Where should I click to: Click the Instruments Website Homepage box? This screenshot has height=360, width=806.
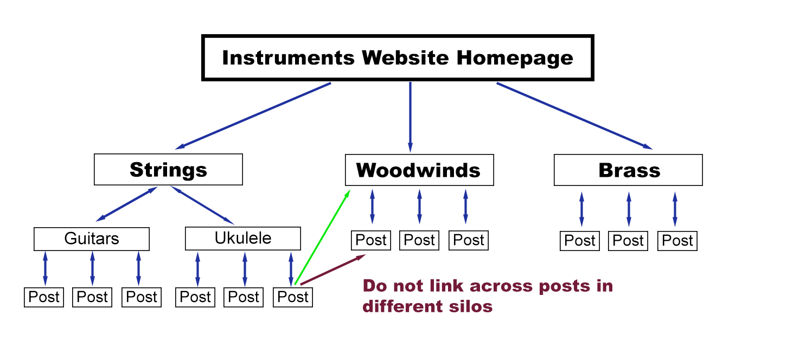[398, 58]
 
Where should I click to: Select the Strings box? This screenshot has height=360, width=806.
[168, 170]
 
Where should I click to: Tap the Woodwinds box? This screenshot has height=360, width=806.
[419, 170]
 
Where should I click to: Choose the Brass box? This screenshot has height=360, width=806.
[628, 170]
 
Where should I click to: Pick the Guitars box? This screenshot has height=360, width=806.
[91, 239]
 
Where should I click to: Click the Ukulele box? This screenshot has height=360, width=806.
[242, 239]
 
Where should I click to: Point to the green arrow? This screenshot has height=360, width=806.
[321, 236]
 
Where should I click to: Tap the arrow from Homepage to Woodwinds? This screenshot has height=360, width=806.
[410, 117]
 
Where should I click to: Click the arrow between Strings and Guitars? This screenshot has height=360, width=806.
[126, 204]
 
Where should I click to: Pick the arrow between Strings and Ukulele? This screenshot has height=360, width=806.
[202, 205]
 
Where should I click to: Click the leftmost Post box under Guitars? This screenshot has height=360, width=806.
[44, 297]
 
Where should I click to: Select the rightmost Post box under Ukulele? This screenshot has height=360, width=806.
[293, 297]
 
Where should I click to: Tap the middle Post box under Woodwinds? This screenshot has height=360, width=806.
[419, 240]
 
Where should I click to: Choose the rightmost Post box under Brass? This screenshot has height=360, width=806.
[677, 241]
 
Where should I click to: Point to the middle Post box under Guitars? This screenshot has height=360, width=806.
[92, 297]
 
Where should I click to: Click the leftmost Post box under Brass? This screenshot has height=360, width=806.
[580, 241]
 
